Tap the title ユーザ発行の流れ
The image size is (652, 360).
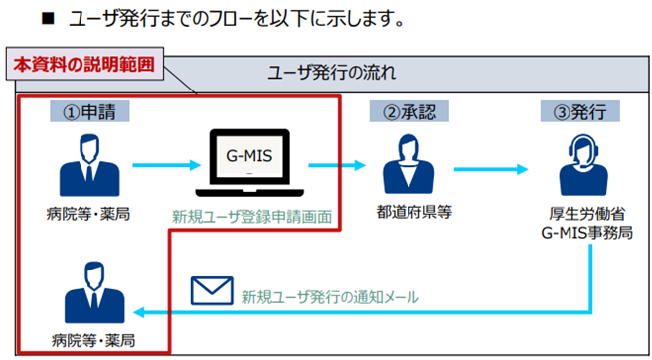(330, 74)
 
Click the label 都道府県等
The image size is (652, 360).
(404, 214)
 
